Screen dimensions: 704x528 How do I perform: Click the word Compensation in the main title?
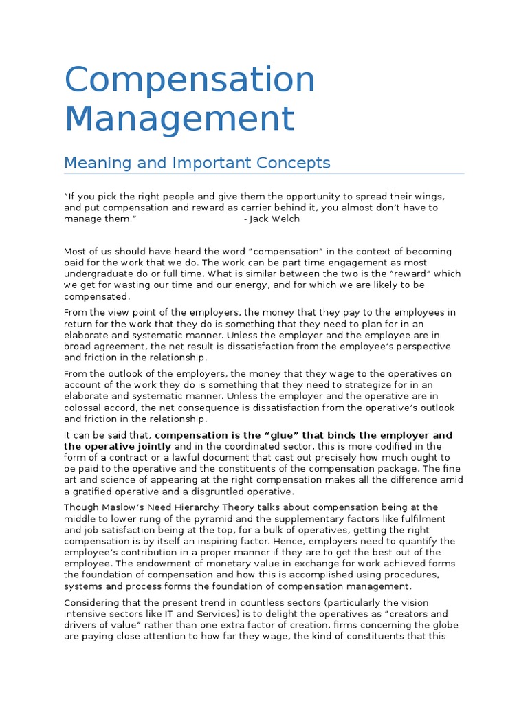[x=190, y=80]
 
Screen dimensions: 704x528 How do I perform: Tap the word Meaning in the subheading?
[x=93, y=163]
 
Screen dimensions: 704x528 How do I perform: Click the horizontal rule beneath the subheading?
[x=264, y=174]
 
